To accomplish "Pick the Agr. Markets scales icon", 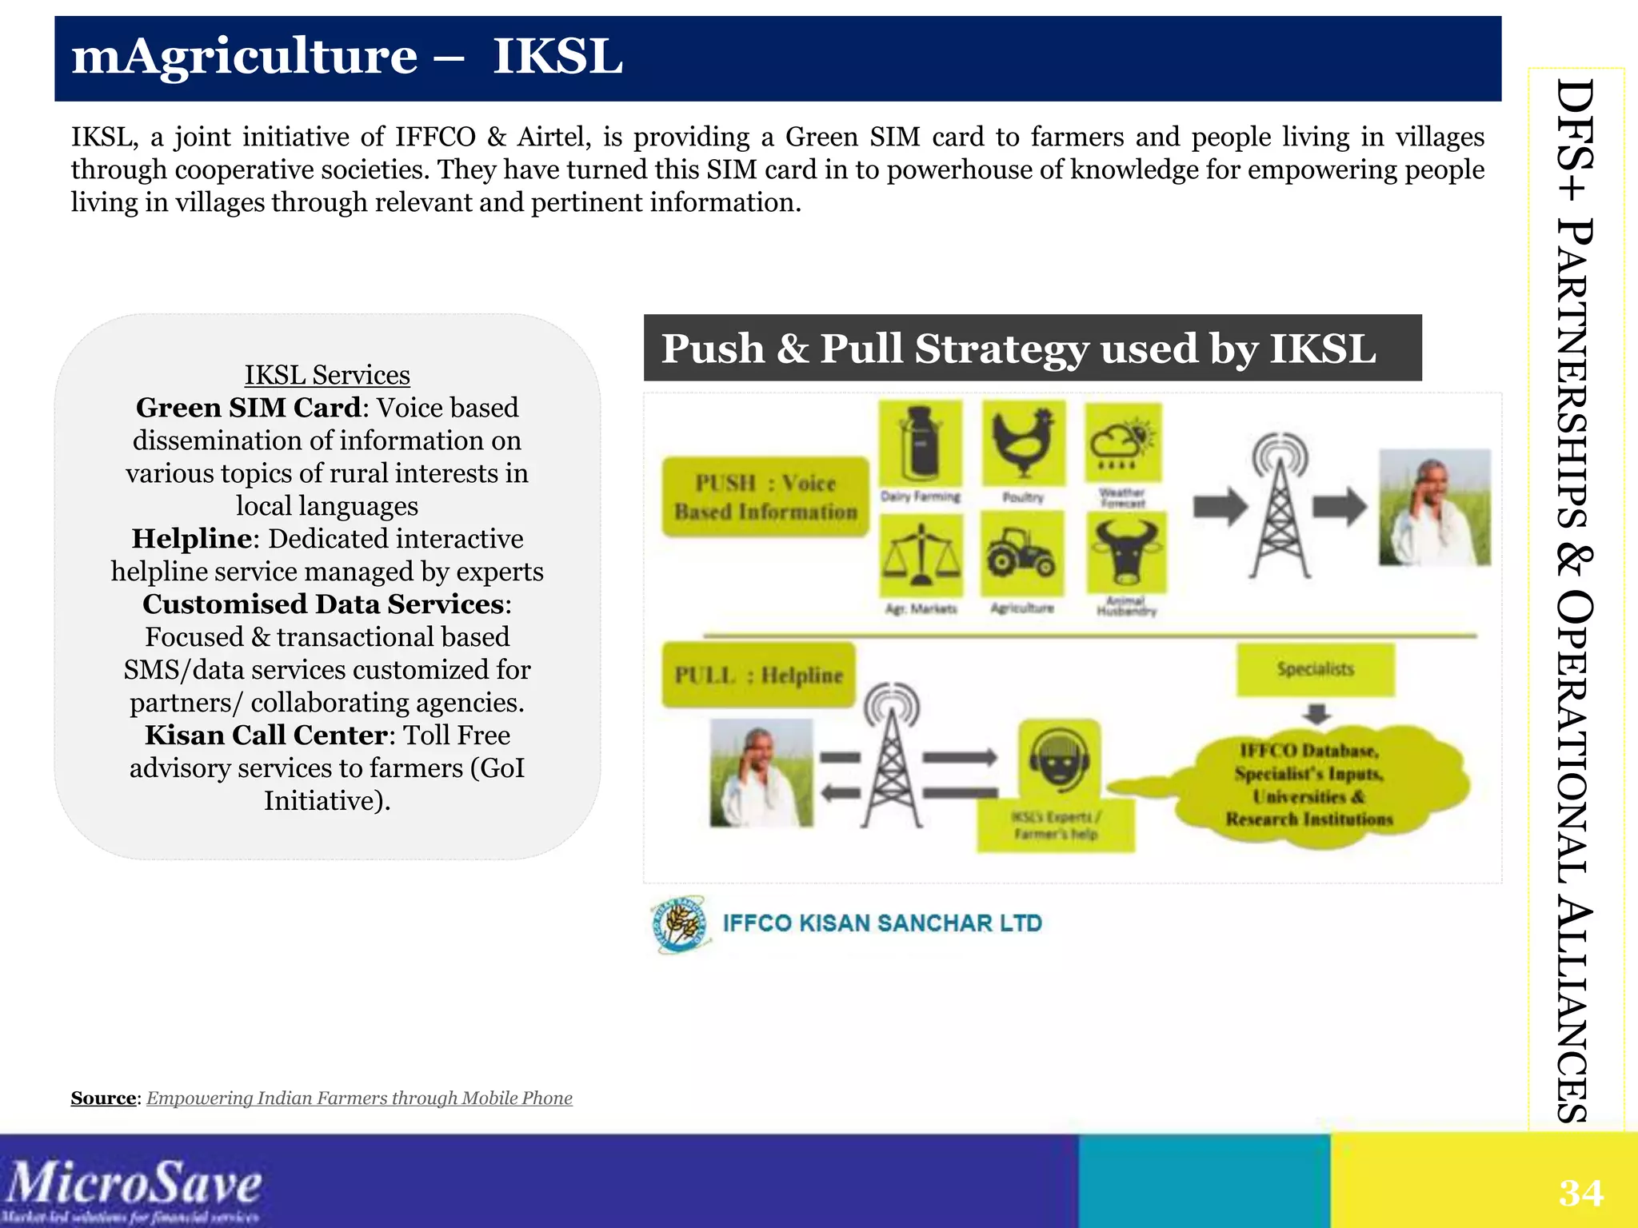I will tap(921, 554).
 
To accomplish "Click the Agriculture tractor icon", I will tap(1021, 553).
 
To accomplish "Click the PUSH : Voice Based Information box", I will tap(765, 496).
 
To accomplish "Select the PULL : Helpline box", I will tap(758, 675).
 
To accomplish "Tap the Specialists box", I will tap(1315, 669).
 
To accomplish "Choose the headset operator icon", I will tap(1059, 757).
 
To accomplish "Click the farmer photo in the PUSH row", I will tap(1435, 507).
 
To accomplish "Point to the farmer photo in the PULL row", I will tap(761, 771).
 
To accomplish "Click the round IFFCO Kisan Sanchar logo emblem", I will tap(679, 924).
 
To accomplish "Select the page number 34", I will tap(1580, 1193).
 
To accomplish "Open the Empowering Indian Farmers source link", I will tap(359, 1098).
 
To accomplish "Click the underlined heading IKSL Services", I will tap(327, 375).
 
